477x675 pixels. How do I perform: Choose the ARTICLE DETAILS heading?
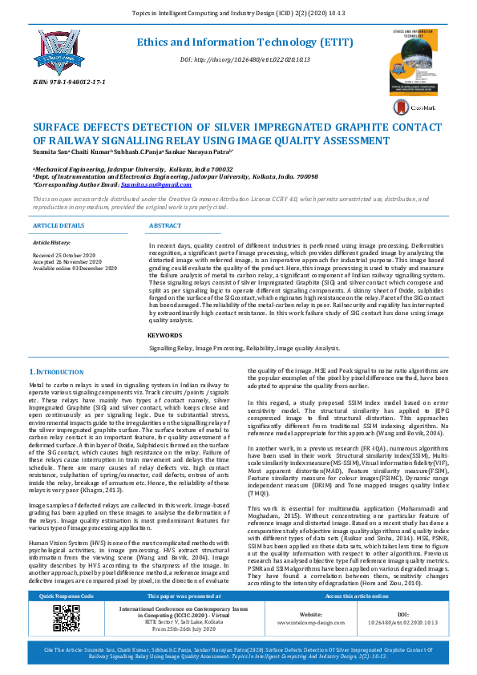pyautogui.click(x=58, y=226)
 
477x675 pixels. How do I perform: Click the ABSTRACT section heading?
pyautogui.click(x=165, y=226)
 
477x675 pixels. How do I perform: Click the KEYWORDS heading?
pyautogui.click(x=166, y=334)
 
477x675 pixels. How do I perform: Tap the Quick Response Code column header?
pyautogui.click(x=61, y=619)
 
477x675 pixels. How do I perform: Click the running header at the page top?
pyautogui.click(x=238, y=14)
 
